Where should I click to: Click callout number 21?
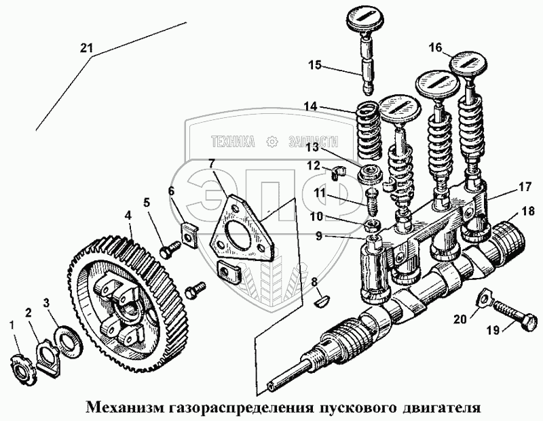pyautogui.click(x=85, y=47)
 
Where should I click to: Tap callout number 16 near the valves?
pyautogui.click(x=435, y=47)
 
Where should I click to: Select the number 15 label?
pyautogui.click(x=314, y=65)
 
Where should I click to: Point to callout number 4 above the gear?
pyautogui.click(x=127, y=218)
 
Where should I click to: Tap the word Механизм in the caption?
pyautogui.click(x=126, y=409)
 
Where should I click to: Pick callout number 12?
pyautogui.click(x=313, y=165)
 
